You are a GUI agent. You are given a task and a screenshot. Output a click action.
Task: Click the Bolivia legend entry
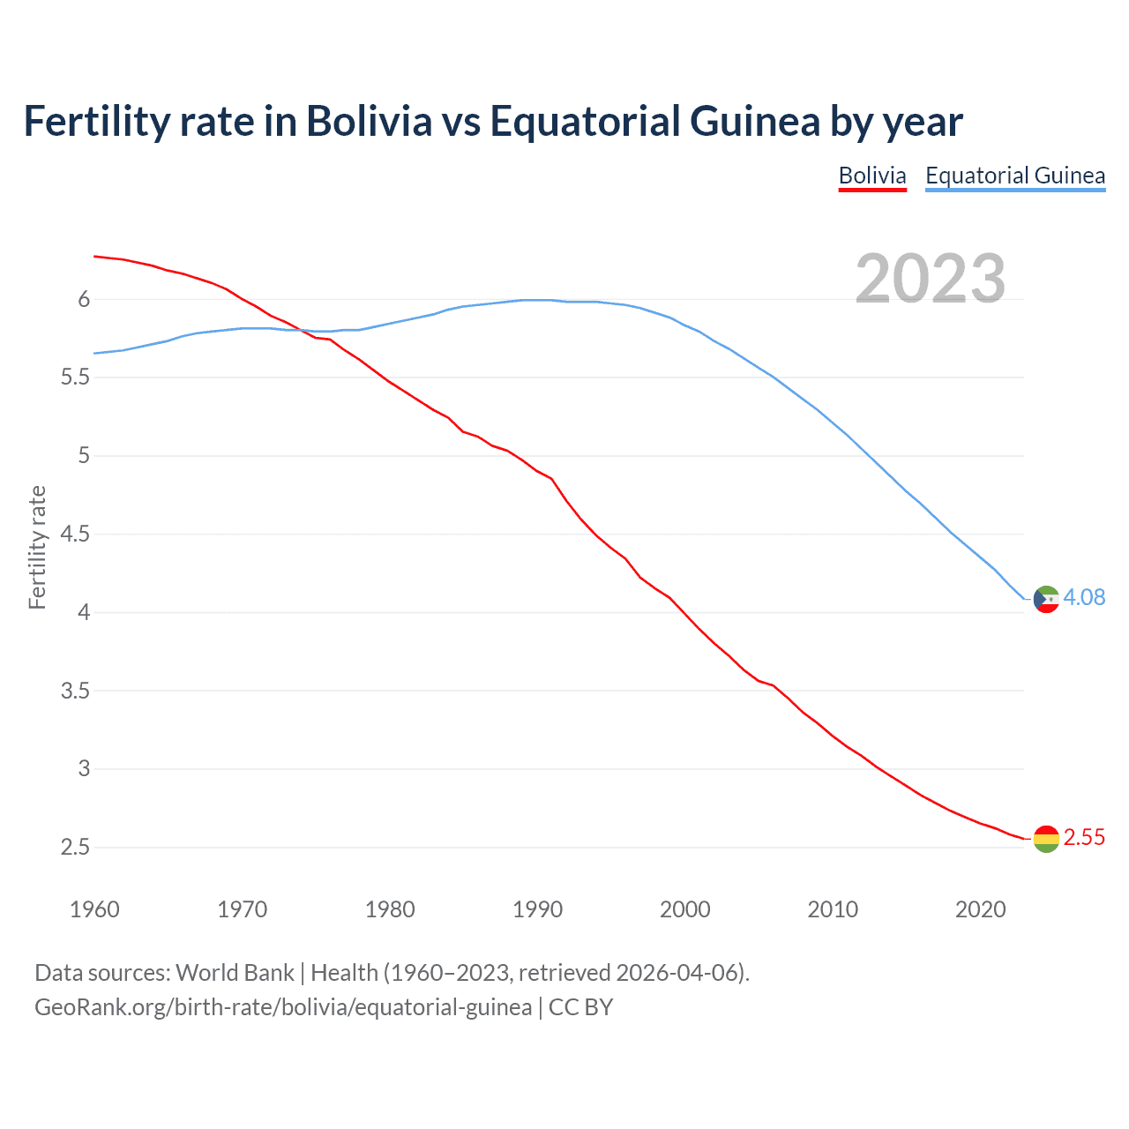[871, 176]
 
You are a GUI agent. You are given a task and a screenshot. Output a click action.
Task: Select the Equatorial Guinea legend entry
[1014, 176]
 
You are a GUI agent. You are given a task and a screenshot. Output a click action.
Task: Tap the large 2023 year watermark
[930, 279]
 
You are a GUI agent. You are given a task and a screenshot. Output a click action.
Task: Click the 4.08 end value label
[1084, 598]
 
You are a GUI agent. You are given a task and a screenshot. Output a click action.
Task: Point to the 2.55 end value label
[1084, 838]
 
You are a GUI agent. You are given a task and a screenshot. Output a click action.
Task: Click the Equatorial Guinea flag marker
[1046, 599]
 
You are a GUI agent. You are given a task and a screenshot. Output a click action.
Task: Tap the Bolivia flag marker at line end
[1046, 839]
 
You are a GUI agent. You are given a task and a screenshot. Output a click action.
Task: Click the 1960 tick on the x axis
[94, 909]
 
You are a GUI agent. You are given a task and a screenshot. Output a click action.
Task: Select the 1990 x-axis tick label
[537, 909]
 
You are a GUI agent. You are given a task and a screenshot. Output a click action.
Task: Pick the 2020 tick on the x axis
[980, 909]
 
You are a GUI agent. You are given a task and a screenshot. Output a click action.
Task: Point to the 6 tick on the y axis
[84, 300]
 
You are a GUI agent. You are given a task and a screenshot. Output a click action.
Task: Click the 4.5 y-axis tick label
[75, 535]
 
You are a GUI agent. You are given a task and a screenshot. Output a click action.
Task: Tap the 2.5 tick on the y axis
[75, 848]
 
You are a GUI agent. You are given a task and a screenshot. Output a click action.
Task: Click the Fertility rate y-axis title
[37, 547]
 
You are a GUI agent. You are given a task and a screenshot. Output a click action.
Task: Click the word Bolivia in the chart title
[369, 122]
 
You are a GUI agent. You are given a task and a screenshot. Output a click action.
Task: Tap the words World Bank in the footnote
[235, 973]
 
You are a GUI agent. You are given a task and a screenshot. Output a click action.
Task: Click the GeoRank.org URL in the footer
[283, 1007]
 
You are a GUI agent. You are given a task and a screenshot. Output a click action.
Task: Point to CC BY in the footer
[580, 1007]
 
